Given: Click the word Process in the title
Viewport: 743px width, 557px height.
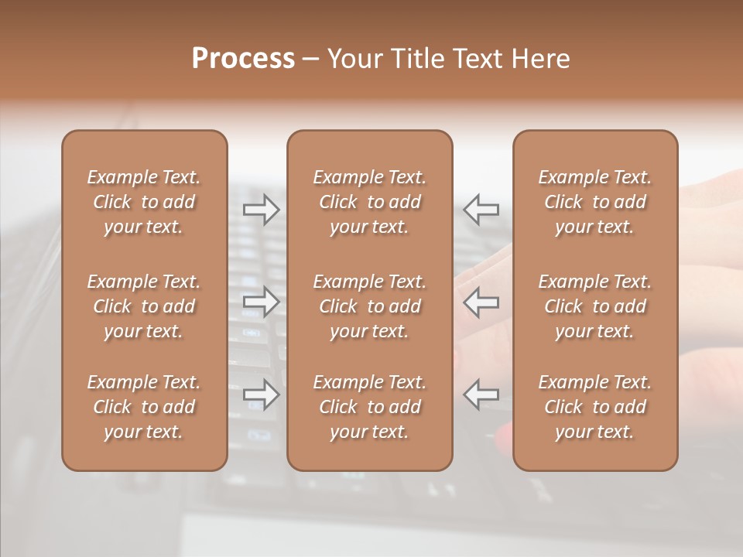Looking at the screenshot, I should [243, 59].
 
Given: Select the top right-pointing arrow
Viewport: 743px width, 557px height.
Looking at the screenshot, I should [261, 209].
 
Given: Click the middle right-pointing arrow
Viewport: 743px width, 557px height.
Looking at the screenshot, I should [261, 302].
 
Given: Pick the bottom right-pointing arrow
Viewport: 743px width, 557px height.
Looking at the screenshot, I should [261, 395].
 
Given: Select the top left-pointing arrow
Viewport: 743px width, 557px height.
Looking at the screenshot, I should [481, 209].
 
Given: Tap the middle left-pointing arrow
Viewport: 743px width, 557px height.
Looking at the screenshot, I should [481, 302].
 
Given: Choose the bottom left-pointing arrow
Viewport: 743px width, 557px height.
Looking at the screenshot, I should [481, 395].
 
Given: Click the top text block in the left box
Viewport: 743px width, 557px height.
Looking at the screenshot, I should [144, 202].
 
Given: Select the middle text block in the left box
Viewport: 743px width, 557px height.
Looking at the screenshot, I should [144, 306].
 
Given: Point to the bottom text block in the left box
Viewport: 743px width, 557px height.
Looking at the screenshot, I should [144, 407].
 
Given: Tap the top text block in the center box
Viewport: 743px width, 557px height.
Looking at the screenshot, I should [369, 202].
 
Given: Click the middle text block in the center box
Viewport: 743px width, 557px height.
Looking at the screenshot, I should [369, 306].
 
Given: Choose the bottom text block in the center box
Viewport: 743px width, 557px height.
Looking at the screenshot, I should [369, 407].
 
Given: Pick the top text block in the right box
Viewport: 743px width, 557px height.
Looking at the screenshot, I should [594, 202].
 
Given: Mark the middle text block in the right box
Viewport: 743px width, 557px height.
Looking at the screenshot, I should [594, 306].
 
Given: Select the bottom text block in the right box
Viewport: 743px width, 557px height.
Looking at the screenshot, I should [594, 407].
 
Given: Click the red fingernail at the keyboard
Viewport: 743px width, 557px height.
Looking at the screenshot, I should [503, 439].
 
